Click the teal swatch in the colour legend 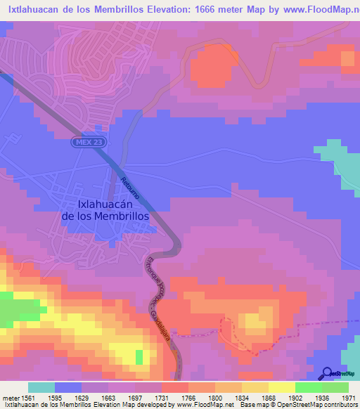pyautogui.click(x=41, y=387)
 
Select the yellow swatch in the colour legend pyautogui.click(x=281, y=387)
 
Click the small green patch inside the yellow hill pyautogui.click(x=139, y=357)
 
